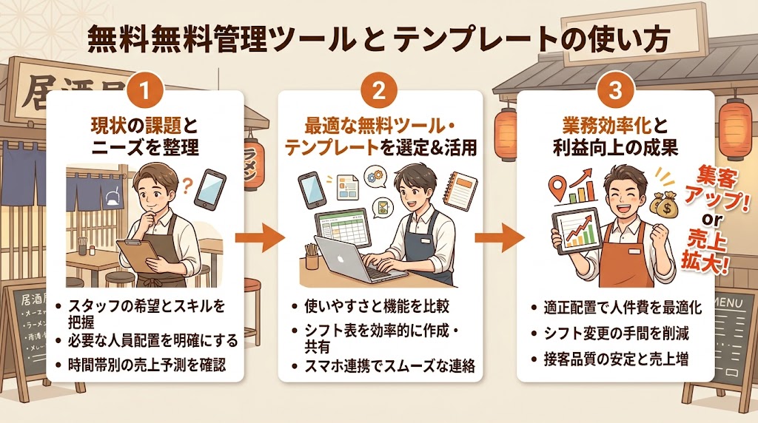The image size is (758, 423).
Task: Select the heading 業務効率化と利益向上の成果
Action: point(614,135)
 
